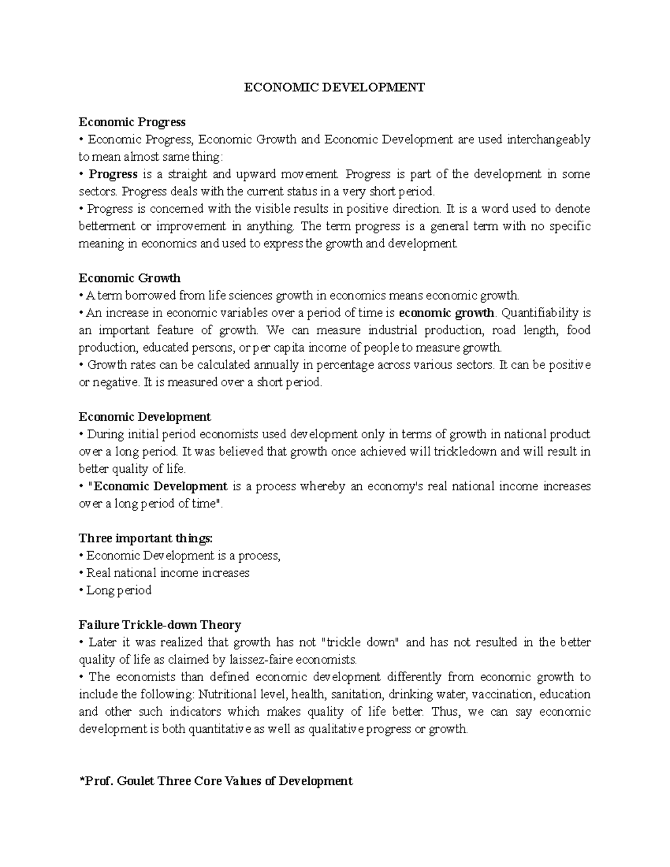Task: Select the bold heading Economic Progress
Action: click(x=132, y=122)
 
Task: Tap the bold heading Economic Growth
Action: click(x=130, y=277)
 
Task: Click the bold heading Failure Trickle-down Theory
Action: click(x=160, y=625)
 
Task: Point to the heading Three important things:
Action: click(x=146, y=538)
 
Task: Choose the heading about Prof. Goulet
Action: click(x=216, y=780)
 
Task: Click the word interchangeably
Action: click(x=548, y=139)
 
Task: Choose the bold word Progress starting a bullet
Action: click(x=113, y=174)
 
